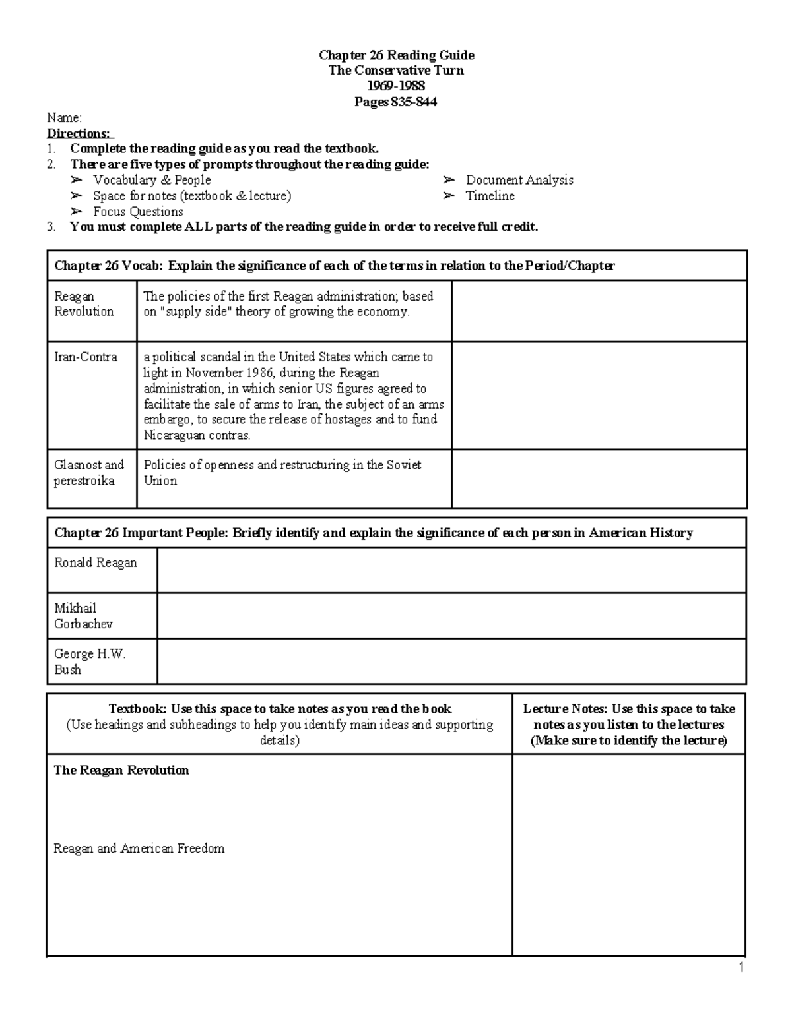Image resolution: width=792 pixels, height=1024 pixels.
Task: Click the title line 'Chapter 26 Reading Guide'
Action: [396, 55]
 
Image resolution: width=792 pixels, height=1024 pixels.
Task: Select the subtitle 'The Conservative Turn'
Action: [396, 71]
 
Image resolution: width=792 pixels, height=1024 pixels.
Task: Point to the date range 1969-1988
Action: [396, 86]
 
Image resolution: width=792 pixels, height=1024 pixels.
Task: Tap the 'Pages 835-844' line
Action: [396, 102]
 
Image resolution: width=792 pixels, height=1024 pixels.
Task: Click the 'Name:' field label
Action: [64, 118]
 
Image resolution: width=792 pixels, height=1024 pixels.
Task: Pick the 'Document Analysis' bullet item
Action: [519, 180]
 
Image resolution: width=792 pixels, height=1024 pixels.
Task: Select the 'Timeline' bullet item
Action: [490, 196]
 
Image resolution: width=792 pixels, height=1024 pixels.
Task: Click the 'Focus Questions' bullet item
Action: [138, 212]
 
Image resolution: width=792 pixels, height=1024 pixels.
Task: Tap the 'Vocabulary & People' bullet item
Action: [152, 180]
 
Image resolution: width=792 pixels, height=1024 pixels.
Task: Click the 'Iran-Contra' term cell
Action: [86, 357]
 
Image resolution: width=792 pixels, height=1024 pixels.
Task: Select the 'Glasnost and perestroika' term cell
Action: [88, 473]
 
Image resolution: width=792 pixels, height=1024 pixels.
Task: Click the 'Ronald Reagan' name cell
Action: [96, 563]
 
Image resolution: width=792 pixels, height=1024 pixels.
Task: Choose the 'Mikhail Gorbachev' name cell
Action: [83, 616]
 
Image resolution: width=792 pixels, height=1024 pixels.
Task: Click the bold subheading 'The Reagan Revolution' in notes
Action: [121, 770]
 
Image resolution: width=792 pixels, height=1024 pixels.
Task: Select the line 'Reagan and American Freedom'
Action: [139, 849]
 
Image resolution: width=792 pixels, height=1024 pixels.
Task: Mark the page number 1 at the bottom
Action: [742, 968]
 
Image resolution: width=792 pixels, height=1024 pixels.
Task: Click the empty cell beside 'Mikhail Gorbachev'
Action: [451, 616]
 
